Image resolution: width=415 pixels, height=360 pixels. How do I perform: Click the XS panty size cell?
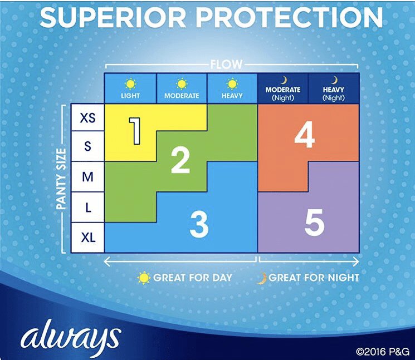(x=87, y=117)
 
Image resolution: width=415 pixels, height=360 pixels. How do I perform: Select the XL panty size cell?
(x=87, y=238)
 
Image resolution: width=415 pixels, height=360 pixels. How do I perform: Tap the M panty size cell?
(x=87, y=176)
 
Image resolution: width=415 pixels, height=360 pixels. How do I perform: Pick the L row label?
(x=87, y=207)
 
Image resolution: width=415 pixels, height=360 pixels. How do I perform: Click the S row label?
(x=87, y=146)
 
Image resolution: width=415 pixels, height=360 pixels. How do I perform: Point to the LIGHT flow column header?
(x=130, y=88)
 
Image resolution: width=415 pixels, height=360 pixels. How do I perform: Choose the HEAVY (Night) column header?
(x=334, y=88)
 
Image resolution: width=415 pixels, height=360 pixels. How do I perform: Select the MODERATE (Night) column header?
(x=282, y=88)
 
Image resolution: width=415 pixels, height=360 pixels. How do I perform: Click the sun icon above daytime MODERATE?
(x=182, y=84)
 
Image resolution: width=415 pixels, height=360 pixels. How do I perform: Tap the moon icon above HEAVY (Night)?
(x=334, y=80)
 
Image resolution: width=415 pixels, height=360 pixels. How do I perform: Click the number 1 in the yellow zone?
(x=135, y=131)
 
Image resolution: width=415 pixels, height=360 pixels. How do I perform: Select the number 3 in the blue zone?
(x=199, y=224)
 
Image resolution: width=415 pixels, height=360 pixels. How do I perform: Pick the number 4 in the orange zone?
(x=305, y=135)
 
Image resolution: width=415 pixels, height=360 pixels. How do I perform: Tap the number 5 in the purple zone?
(x=314, y=222)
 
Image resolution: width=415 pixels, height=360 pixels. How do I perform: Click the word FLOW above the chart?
(x=226, y=64)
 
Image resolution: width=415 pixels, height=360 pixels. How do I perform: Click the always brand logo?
(x=71, y=338)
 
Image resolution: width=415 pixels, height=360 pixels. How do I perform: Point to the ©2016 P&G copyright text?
(x=383, y=352)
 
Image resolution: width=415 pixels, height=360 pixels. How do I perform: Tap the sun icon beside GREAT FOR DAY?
(x=144, y=278)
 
